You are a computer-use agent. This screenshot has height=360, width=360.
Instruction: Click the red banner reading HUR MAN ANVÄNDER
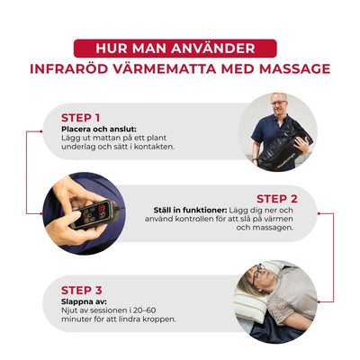(x=180, y=48)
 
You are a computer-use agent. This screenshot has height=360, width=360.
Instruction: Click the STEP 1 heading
(x=80, y=117)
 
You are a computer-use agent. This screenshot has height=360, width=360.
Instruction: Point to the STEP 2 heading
(x=276, y=199)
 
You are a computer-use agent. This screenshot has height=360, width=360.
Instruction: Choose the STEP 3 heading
(x=80, y=290)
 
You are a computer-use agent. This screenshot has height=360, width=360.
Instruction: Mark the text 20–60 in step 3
(x=133, y=311)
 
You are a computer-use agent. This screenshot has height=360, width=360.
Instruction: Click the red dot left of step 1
(x=29, y=131)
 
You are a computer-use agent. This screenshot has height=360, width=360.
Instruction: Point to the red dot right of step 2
(x=332, y=213)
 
